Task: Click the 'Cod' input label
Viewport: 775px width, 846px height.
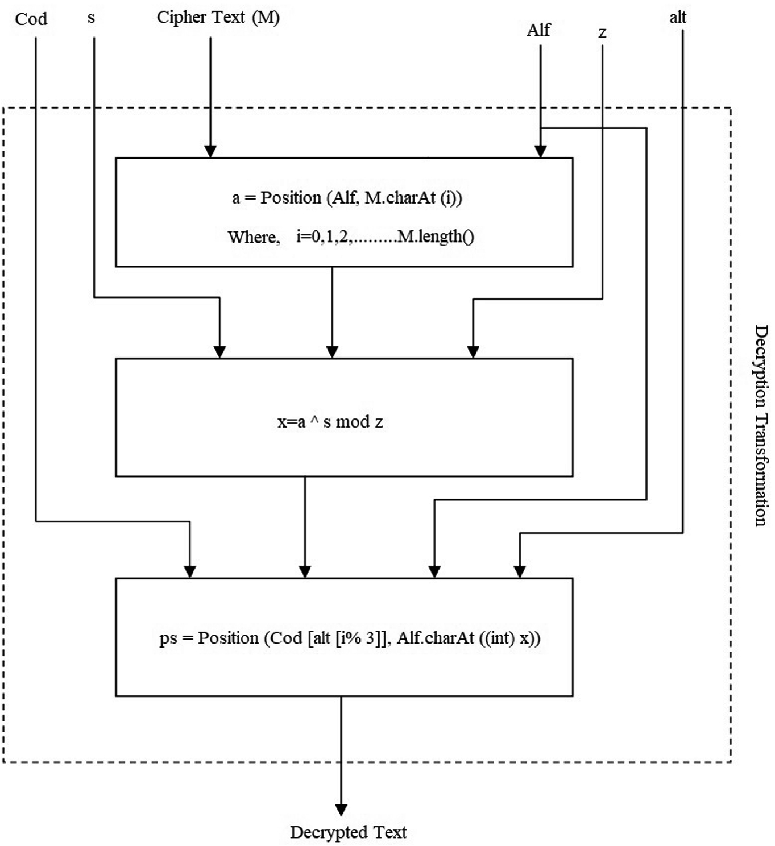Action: pos(31,19)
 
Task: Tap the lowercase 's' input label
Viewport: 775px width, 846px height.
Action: pos(92,18)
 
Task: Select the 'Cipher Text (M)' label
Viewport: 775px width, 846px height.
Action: pos(218,18)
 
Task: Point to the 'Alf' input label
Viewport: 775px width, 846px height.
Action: pos(538,30)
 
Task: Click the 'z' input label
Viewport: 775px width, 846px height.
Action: pos(602,33)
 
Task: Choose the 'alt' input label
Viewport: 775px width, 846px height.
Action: pos(678,18)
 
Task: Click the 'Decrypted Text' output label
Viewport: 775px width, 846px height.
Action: pos(348,832)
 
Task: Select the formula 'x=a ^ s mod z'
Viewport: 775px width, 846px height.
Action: pos(330,422)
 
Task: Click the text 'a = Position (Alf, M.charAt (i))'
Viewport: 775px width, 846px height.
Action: pos(347,198)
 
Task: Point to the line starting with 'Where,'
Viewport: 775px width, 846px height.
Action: pos(351,237)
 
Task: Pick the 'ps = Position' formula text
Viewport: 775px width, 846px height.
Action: pos(350,638)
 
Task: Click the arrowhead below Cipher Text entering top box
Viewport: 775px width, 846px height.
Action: pos(210,151)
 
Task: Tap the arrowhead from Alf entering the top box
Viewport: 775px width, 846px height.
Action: pos(541,151)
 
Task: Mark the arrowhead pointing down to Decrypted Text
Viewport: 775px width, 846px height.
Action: pos(341,810)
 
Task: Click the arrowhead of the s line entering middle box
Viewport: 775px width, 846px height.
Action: pos(219,352)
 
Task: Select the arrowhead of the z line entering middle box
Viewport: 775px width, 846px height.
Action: pos(473,352)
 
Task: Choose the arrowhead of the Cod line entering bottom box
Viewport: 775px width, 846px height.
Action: pos(190,571)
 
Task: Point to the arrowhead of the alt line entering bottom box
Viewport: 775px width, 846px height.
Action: pos(520,571)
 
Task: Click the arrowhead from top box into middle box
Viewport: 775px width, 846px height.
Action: pos(333,352)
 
